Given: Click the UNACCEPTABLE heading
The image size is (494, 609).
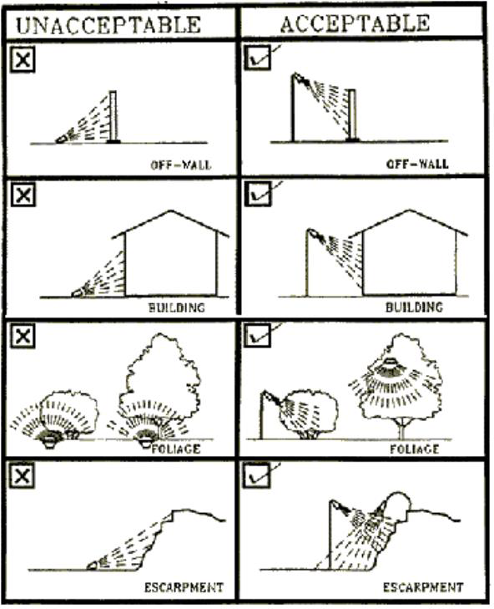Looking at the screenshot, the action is (x=108, y=25).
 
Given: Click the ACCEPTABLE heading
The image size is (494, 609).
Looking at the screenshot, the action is (x=355, y=23).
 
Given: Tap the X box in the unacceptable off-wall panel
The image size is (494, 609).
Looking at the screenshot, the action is (x=23, y=60).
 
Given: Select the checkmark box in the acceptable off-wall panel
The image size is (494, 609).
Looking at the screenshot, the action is (x=258, y=58).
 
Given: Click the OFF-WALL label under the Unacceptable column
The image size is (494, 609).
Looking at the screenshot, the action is (x=181, y=165).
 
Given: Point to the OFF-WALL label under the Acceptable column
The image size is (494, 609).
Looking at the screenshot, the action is (x=417, y=164).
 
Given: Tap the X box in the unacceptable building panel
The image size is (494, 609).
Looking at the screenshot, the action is (x=23, y=194).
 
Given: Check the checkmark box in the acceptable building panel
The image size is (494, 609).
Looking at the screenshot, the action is (x=258, y=194).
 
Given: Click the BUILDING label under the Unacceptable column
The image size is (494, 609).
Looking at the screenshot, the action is (x=177, y=307).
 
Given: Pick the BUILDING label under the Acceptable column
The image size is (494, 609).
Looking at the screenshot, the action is (x=414, y=307).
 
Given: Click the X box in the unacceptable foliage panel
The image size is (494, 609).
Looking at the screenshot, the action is (x=23, y=337).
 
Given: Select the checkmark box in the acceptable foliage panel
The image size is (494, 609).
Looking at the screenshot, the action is (x=258, y=336).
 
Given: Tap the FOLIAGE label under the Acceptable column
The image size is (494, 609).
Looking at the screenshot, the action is (x=415, y=449).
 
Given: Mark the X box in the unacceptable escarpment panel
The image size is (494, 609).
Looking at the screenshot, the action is (x=23, y=476).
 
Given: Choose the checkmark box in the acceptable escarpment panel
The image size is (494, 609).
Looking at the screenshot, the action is (x=256, y=475).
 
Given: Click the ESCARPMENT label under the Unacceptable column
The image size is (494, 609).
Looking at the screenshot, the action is (x=184, y=586).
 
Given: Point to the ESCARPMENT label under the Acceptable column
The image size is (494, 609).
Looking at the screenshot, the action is (x=423, y=586).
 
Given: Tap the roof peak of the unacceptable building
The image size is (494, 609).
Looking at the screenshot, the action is (x=169, y=211).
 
